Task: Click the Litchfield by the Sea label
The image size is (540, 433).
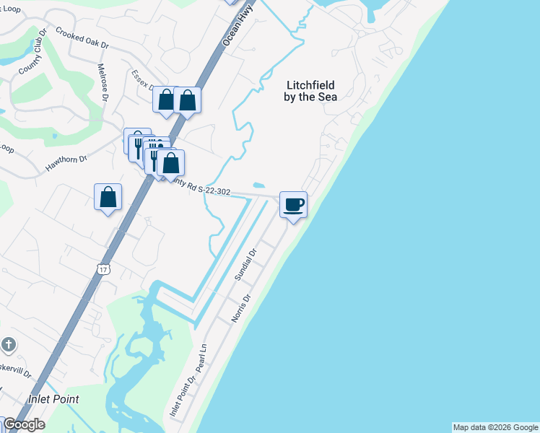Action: click(309, 91)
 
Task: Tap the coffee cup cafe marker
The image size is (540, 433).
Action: click(293, 205)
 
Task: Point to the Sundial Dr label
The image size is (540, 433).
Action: click(245, 265)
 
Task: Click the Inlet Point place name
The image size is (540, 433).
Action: click(53, 399)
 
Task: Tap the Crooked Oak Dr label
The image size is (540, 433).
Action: click(82, 39)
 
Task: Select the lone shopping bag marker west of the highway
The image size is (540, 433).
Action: click(108, 197)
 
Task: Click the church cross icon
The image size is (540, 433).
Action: click(8, 345)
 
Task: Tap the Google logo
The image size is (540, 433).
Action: click(23, 424)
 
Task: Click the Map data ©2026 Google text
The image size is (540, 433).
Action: click(495, 427)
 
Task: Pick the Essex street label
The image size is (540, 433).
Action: click(141, 80)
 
